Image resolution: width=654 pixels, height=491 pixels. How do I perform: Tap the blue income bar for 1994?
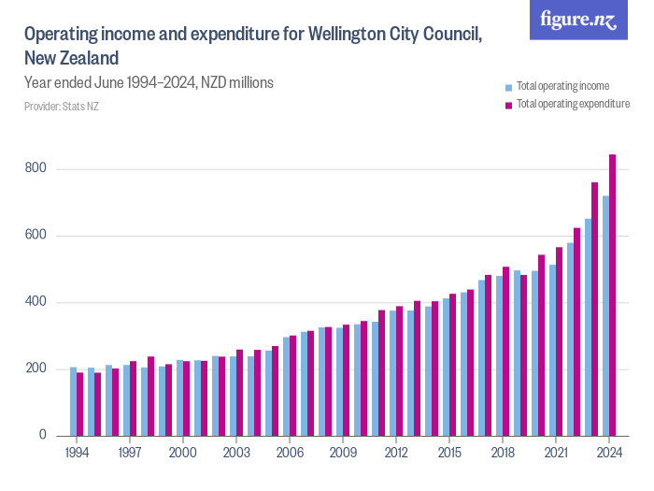(73, 401)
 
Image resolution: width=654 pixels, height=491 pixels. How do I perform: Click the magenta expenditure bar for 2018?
(506, 352)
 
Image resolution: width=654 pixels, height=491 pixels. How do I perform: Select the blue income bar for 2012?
(392, 373)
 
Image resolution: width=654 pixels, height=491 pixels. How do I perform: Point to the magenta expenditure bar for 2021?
(560, 341)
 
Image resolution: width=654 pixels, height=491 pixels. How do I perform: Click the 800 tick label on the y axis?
(36, 169)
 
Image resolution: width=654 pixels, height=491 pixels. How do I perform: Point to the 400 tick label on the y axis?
(36, 302)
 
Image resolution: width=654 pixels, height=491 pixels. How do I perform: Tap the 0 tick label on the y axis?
(42, 436)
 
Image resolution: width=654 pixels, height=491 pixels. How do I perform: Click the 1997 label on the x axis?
(130, 453)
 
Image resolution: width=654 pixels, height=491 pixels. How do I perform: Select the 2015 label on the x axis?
(449, 453)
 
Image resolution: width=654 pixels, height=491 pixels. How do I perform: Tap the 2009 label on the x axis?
(343, 453)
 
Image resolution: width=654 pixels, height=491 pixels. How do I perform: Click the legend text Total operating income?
(562, 86)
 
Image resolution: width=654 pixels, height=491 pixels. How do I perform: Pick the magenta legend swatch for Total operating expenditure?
(509, 104)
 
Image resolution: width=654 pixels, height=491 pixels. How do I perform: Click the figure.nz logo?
(579, 21)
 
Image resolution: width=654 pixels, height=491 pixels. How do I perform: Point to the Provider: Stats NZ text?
(62, 106)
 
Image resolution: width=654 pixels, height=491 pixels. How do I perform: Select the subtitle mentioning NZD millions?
(149, 82)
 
